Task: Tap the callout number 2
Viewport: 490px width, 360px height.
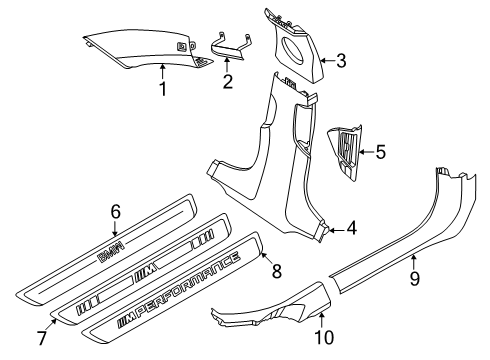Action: pos(228,81)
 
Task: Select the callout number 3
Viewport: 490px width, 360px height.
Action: pos(341,61)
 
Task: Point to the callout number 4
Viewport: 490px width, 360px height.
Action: pos(351,228)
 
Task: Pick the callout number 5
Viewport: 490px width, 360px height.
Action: pos(380,152)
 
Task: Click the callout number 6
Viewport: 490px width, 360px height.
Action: pos(115,211)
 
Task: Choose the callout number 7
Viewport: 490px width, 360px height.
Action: pos(42,338)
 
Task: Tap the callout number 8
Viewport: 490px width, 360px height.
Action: pos(277,271)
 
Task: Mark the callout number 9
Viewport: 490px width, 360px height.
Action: pos(414,279)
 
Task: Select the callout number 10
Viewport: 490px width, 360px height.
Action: pos(324,337)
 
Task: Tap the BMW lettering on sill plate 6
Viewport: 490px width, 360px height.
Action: pos(111,251)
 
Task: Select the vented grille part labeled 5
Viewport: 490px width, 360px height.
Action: pos(345,153)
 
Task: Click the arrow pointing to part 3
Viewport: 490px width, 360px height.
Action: pos(328,61)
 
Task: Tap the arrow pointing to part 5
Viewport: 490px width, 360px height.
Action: pos(367,152)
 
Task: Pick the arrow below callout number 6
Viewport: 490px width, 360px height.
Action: pos(115,229)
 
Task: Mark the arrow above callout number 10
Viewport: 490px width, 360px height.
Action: pos(321,321)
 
